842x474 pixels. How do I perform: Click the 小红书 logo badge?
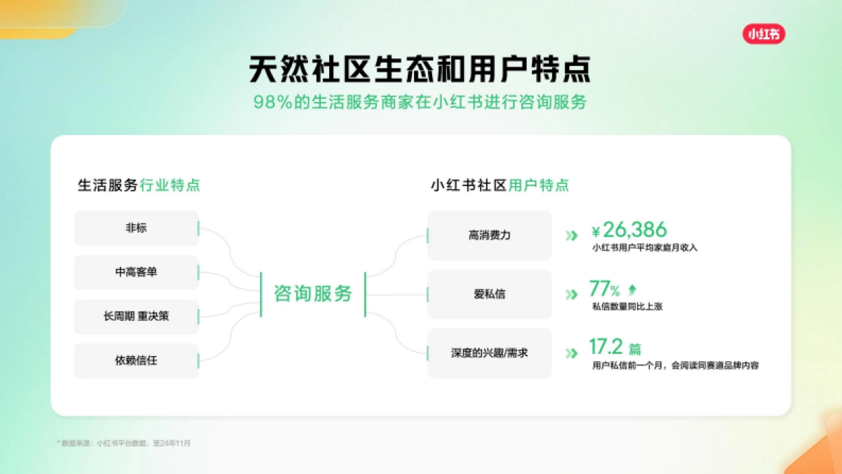[764, 34]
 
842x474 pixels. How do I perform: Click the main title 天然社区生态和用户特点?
[420, 70]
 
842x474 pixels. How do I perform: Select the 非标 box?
[136, 228]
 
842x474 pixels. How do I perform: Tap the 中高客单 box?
[136, 272]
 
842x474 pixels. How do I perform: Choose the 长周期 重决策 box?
[136, 317]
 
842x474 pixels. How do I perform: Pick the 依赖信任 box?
[136, 361]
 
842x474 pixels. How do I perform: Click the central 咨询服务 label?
[313, 294]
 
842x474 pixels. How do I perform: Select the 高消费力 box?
[489, 235]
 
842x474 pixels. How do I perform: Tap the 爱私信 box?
[489, 294]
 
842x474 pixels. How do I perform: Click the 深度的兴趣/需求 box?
[489, 353]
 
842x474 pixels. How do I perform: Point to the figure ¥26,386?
[629, 230]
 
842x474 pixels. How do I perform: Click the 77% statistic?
[604, 289]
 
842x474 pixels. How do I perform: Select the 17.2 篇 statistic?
[614, 347]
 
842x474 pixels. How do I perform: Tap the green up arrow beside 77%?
[632, 289]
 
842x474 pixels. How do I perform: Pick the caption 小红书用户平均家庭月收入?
[645, 248]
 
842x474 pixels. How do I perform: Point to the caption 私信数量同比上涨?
[627, 307]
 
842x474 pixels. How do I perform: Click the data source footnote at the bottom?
[123, 443]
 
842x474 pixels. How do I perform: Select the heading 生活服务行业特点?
[139, 185]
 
